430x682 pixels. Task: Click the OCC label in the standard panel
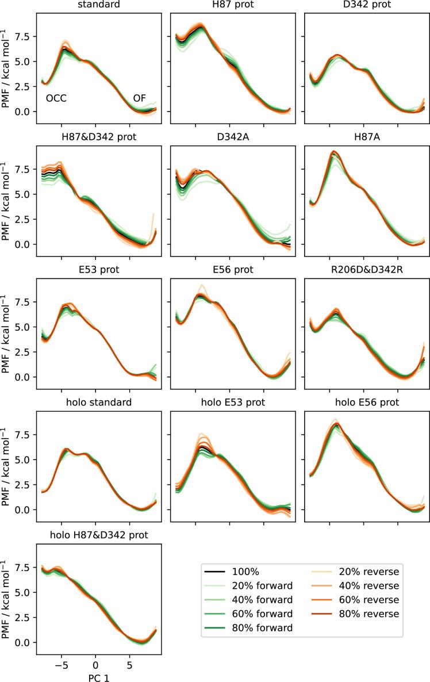pos(56,98)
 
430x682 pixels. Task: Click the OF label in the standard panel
pos(139,98)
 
